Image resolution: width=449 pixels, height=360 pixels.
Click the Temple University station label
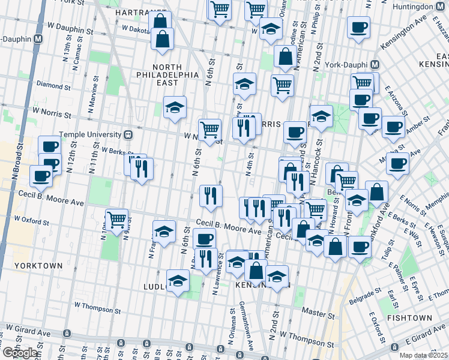[x=96, y=135]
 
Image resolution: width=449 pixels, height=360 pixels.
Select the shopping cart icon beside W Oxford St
[x=116, y=219]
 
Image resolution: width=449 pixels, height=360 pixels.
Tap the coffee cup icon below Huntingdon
[x=358, y=27]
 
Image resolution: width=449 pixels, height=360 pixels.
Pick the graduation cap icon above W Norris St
[x=175, y=107]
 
